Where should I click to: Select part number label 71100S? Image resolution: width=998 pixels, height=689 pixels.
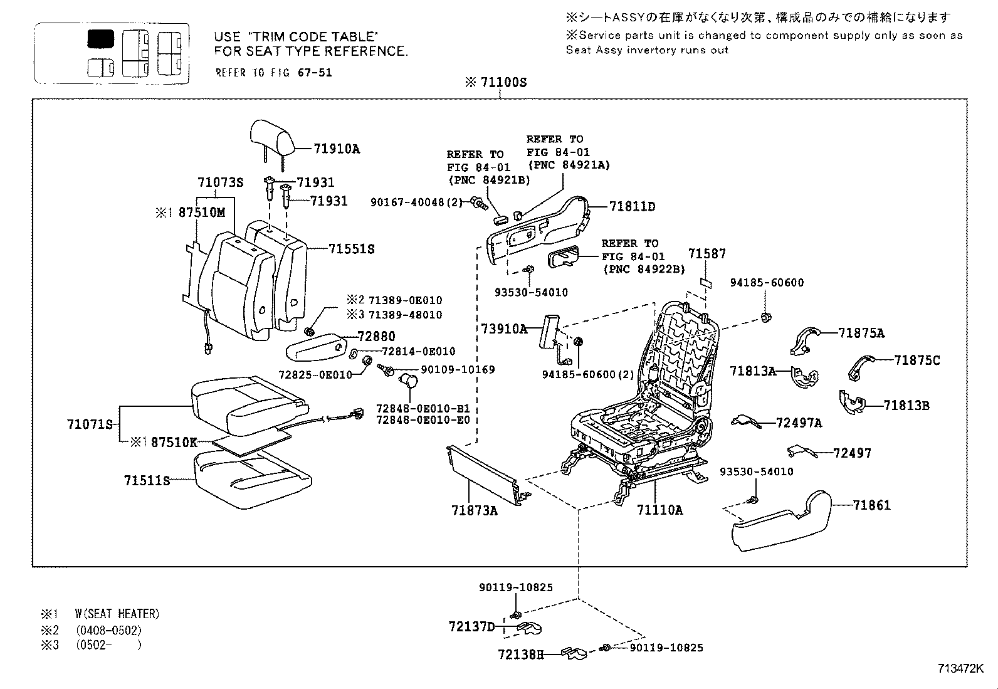[x=502, y=82]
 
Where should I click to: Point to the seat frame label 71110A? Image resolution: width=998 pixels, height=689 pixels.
[x=659, y=510]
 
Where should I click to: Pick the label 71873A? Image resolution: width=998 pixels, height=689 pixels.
[x=474, y=510]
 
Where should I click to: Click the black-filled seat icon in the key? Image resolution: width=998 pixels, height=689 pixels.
[x=100, y=39]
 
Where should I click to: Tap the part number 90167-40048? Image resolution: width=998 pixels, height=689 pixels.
[x=407, y=202]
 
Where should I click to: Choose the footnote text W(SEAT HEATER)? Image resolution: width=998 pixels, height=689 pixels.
[x=117, y=614]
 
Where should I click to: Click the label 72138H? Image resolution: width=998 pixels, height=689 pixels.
[x=520, y=654]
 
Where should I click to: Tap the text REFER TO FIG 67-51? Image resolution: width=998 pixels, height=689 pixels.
[x=273, y=72]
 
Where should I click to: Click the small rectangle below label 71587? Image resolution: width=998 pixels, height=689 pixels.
[x=705, y=282]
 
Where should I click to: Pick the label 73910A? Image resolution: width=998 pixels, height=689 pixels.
[x=503, y=329]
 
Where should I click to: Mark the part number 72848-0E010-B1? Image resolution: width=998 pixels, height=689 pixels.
[x=423, y=408]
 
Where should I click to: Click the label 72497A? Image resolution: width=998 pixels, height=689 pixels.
[x=799, y=423]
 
